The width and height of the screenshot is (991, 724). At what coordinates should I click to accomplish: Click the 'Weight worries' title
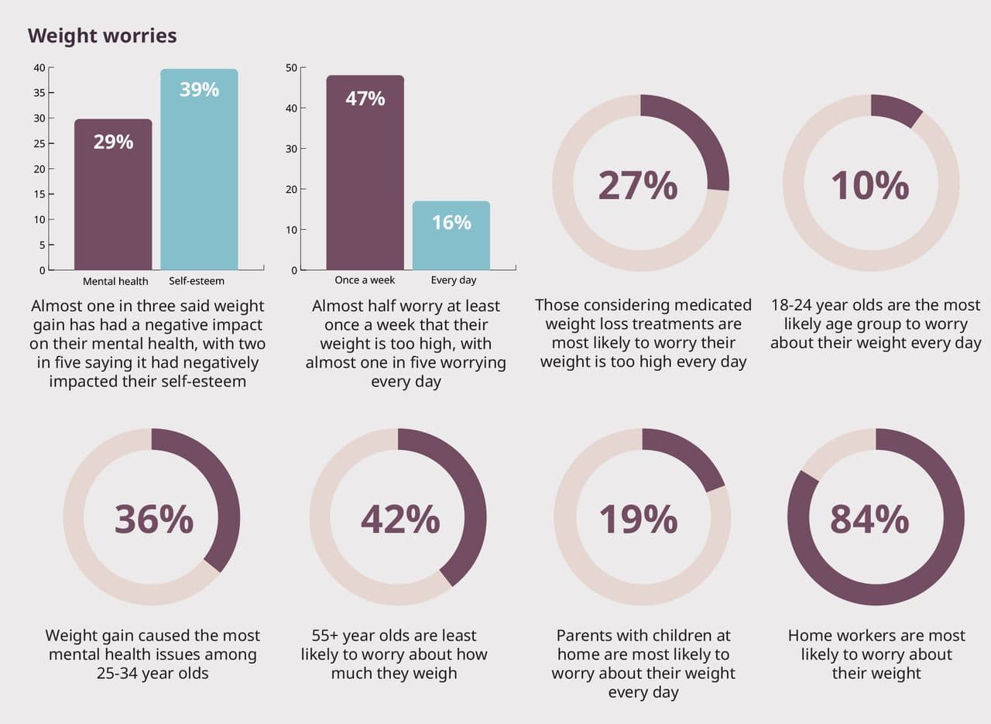(102, 36)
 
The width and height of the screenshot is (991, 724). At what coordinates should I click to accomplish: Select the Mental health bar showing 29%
(113, 194)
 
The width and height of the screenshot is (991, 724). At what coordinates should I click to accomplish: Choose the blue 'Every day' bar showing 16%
(451, 235)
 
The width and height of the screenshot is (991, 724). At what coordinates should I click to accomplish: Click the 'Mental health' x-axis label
(115, 281)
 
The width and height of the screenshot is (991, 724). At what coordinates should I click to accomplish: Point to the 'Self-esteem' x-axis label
(197, 281)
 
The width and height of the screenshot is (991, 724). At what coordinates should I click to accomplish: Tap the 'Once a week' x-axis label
(365, 280)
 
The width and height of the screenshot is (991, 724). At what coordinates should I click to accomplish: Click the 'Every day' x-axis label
(454, 280)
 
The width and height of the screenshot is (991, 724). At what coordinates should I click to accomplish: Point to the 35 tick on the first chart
(39, 93)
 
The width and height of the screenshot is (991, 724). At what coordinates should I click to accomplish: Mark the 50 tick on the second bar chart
(292, 68)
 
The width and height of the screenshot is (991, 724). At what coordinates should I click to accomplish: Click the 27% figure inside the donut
(638, 186)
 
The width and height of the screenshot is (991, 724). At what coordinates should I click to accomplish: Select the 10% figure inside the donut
(869, 186)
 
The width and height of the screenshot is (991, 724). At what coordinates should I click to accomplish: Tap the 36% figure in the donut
(153, 519)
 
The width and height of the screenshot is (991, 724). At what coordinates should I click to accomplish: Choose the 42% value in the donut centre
(399, 519)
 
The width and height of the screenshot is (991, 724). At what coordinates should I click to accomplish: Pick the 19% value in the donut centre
(638, 519)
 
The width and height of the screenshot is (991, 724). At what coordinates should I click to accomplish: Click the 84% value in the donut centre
(869, 519)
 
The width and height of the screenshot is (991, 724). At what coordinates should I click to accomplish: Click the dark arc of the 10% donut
(895, 109)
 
